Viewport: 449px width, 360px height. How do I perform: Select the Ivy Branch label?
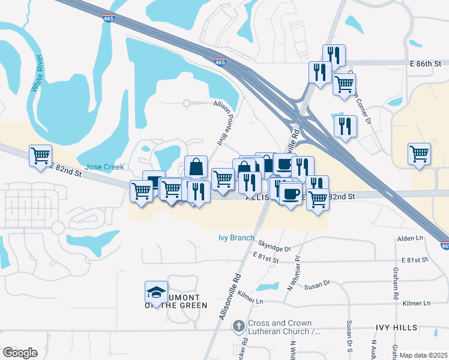[236, 238]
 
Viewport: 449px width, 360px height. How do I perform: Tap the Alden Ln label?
[411, 239]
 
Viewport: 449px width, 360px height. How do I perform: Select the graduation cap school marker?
[156, 293]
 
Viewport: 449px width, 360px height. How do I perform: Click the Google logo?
[20, 353]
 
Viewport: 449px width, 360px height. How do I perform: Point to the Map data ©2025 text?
[424, 355]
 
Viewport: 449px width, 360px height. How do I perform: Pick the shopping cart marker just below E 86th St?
[344, 84]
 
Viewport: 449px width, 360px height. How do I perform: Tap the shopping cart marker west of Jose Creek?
[40, 155]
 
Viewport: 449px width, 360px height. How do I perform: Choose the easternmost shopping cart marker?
[419, 153]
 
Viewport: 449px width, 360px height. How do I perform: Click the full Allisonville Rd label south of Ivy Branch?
[231, 298]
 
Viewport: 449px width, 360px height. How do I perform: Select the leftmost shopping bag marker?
[196, 167]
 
